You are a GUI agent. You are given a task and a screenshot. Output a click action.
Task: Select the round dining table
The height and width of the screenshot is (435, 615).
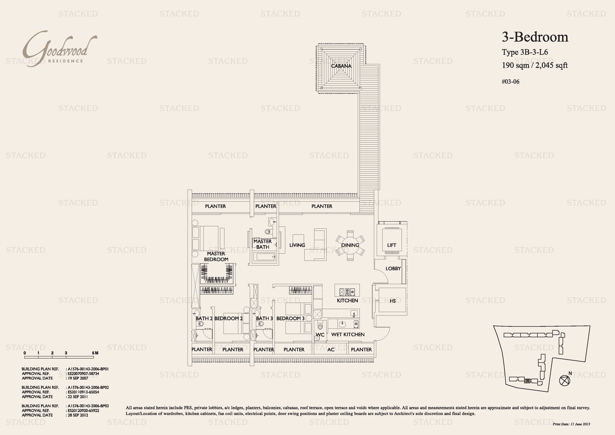(x=350, y=245)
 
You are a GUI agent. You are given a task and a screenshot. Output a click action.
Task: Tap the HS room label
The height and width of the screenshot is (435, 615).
(x=393, y=301)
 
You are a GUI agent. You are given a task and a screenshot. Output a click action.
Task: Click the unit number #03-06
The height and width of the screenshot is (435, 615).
(x=511, y=81)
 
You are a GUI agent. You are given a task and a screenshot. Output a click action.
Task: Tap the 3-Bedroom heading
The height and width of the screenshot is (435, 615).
(x=535, y=37)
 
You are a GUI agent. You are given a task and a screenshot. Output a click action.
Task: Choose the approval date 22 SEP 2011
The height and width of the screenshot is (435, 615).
(x=78, y=397)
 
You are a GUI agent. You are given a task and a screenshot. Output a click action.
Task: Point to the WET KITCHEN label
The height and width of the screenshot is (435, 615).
(x=348, y=334)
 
